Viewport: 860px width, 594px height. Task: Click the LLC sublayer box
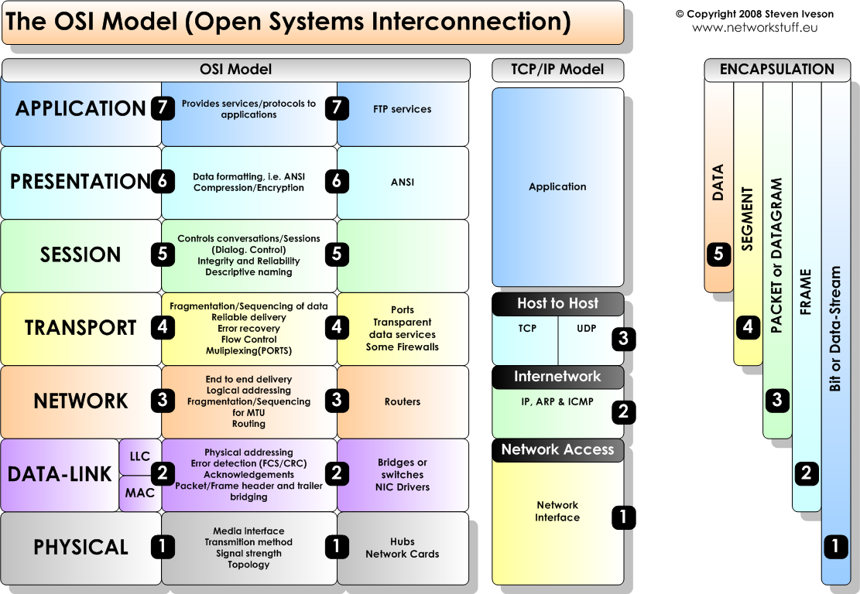click(x=140, y=456)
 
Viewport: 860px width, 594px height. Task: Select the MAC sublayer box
click(x=140, y=493)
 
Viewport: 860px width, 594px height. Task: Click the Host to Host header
click(x=557, y=304)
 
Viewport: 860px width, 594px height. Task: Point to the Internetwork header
click(x=557, y=377)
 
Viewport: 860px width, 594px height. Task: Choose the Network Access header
click(x=557, y=450)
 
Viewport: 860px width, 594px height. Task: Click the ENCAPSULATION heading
click(x=777, y=70)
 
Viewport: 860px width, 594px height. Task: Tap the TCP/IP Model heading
click(x=557, y=70)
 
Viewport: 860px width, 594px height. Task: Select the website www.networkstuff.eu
click(x=755, y=28)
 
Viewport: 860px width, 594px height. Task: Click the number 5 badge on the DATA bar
click(x=718, y=254)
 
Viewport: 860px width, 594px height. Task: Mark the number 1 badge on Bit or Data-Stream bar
click(x=835, y=546)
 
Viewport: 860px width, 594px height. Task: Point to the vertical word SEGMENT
click(x=748, y=219)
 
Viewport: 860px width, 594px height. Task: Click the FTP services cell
click(x=403, y=109)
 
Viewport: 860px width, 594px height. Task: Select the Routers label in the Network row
click(x=403, y=401)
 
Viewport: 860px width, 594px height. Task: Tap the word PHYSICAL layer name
click(x=81, y=548)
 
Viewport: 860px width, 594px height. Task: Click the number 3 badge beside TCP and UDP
click(x=623, y=338)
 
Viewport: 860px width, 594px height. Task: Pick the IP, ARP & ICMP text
click(x=557, y=402)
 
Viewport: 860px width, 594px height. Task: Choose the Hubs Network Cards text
click(x=403, y=548)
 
